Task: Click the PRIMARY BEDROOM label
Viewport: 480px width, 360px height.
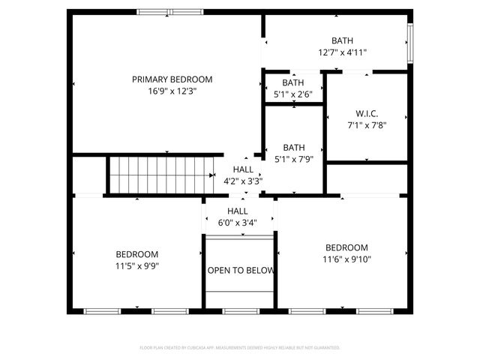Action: pyautogui.click(x=172, y=79)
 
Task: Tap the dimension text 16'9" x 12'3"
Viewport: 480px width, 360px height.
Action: pyautogui.click(x=172, y=91)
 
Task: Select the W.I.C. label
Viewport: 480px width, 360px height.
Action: pyautogui.click(x=366, y=114)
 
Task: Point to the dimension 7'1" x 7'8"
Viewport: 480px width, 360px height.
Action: pyautogui.click(x=366, y=126)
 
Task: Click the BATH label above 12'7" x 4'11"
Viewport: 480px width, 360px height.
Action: pyautogui.click(x=342, y=40)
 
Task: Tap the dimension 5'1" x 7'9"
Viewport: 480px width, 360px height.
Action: pyautogui.click(x=293, y=159)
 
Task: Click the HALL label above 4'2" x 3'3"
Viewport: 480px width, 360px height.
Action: pyautogui.click(x=243, y=169)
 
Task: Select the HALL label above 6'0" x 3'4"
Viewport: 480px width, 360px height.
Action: pyautogui.click(x=238, y=211)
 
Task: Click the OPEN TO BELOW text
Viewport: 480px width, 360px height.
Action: pyautogui.click(x=241, y=271)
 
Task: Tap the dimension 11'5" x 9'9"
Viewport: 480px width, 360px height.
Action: pyautogui.click(x=136, y=265)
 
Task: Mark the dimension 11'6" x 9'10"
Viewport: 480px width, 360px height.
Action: pyautogui.click(x=346, y=259)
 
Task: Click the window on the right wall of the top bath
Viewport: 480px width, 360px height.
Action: pyautogui.click(x=409, y=42)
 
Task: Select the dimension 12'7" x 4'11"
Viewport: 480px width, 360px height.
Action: pyautogui.click(x=342, y=52)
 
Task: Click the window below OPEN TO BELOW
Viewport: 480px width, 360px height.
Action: pyautogui.click(x=241, y=310)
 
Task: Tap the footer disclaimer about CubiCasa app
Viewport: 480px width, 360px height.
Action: pyautogui.click(x=240, y=348)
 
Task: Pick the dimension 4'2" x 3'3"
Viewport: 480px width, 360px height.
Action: pyautogui.click(x=243, y=181)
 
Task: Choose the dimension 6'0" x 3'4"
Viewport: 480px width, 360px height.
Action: pyautogui.click(x=238, y=222)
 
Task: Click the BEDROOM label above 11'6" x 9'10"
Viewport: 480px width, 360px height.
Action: pyautogui.click(x=346, y=247)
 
